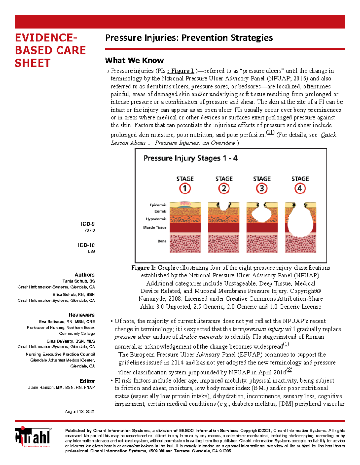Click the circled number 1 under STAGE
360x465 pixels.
tap(185, 189)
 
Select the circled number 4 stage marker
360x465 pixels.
tap(300, 189)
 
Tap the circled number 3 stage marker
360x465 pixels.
tap(262, 189)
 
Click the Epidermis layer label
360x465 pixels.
tap(158, 205)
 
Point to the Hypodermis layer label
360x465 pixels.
tap(156, 219)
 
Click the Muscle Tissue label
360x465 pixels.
tap(155, 227)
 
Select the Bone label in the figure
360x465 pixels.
tap(162, 241)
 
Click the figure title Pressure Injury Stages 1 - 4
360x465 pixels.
tap(190, 158)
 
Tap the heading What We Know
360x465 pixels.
tap(134, 61)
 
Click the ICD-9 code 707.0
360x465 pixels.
tap(89, 230)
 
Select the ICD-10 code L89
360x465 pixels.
tap(91, 251)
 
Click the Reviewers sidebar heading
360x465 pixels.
tap(81, 315)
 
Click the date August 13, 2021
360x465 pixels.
tap(80, 412)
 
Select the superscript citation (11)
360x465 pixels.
tap(270, 133)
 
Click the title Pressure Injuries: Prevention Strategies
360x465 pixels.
tap(189, 38)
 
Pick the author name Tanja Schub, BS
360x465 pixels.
tap(79, 281)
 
